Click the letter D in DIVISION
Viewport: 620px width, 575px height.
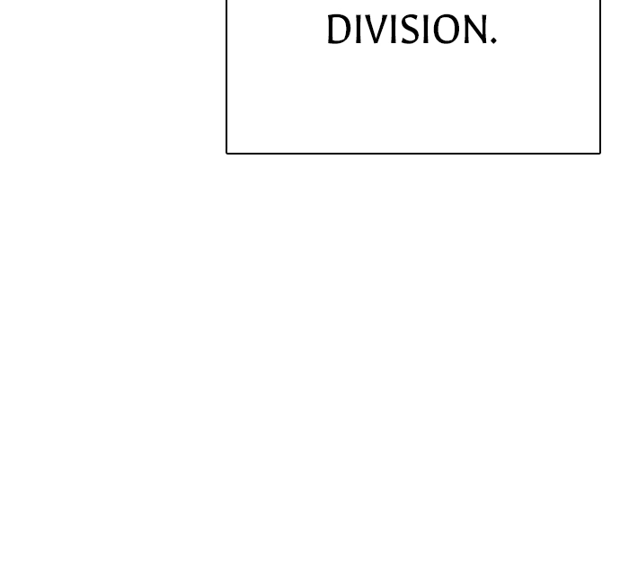click(339, 30)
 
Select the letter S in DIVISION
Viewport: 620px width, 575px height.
click(410, 30)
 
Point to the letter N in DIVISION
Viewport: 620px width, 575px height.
click(475, 30)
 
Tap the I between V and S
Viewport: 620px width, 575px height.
click(393, 30)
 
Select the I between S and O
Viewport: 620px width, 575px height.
click(426, 30)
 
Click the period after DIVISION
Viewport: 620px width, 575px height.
click(493, 40)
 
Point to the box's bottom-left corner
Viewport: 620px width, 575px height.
click(226, 153)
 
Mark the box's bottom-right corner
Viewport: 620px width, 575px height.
click(600, 153)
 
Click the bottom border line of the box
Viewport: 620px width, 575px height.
click(413, 153)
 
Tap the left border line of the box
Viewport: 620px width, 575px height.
click(226, 76)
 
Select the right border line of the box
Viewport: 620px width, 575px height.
click(600, 76)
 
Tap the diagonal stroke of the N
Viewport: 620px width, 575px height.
click(475, 30)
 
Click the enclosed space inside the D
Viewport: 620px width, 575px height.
click(341, 30)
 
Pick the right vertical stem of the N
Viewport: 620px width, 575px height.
click(484, 30)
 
